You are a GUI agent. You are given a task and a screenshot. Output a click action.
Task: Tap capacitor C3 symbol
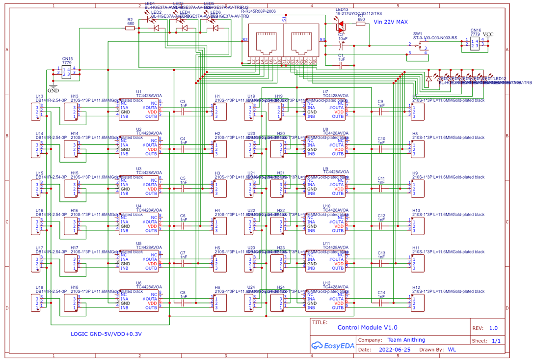click(x=183, y=112)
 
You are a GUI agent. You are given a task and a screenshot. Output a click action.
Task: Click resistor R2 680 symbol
click(x=130, y=28)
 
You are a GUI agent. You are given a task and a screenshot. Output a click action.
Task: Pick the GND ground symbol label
click(x=53, y=90)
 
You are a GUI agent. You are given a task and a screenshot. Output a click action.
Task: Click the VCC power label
click(x=488, y=35)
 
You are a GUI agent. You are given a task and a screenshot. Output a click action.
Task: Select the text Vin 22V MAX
click(x=390, y=22)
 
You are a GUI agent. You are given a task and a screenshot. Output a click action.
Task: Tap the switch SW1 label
click(x=418, y=34)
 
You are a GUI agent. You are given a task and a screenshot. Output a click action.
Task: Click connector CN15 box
click(x=66, y=72)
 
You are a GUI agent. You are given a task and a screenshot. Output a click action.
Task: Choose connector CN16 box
click(x=475, y=44)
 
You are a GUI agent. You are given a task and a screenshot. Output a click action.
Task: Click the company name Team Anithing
click(x=406, y=340)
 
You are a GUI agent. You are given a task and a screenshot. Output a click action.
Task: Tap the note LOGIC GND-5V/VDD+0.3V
click(x=106, y=334)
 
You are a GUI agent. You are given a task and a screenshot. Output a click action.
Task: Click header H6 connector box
click(x=220, y=303)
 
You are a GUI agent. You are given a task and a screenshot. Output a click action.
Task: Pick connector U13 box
click(x=36, y=112)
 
